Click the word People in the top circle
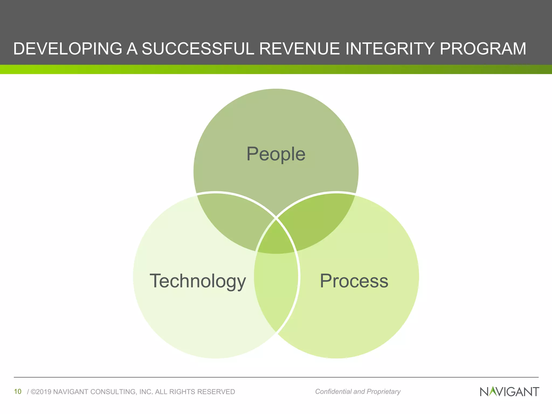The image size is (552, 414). tap(276, 154)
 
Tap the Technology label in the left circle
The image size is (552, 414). tap(198, 281)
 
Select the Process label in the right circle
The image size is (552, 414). tap(354, 281)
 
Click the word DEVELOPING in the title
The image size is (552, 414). tap(67, 49)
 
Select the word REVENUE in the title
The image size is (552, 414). tap(299, 49)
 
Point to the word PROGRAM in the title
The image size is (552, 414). tap(483, 49)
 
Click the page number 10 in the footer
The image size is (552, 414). tap(18, 391)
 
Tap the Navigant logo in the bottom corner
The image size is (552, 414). tap(509, 392)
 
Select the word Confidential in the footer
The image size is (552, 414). tap(333, 391)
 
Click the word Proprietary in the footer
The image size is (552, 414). tap(384, 391)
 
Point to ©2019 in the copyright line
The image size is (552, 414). tap(41, 392)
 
